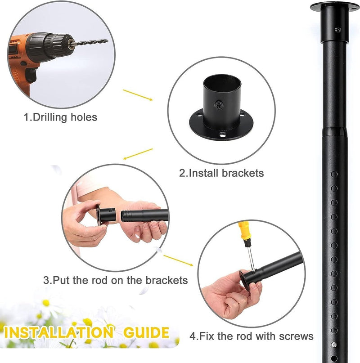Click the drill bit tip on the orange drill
pos(108,41)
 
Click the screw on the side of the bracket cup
pos(219,105)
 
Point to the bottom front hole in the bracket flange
pos(223,134)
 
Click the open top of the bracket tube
pos(222,81)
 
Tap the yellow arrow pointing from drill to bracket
pos(138,95)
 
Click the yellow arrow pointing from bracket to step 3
pos(138,154)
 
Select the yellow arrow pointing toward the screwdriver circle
pos(178,260)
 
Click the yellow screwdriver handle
pos(244,231)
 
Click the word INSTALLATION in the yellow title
pos(59,332)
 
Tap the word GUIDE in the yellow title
pos(146,332)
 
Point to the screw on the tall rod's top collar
pos(338,30)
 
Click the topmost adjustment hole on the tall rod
pos(334,174)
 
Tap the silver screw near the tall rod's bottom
pos(334,345)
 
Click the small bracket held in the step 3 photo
pos(107,215)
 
